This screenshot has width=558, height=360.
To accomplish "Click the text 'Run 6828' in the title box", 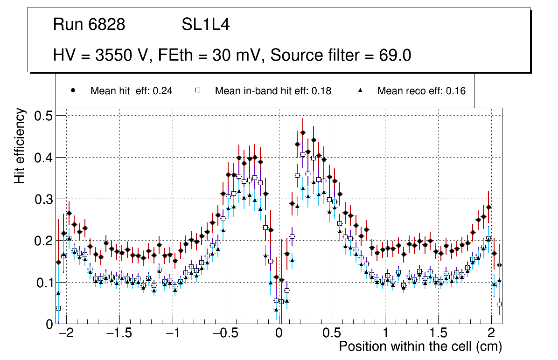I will pyautogui.click(x=89, y=25).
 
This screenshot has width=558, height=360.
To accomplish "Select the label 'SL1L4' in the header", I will pyautogui.click(x=206, y=25).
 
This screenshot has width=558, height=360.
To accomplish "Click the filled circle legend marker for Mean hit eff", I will pyautogui.click(x=73, y=91).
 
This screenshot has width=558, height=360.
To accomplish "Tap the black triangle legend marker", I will pyautogui.click(x=360, y=91).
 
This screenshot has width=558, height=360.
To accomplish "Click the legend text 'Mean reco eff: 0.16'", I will pyautogui.click(x=421, y=91).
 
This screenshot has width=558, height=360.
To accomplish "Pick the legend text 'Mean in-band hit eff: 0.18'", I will pyautogui.click(x=273, y=91).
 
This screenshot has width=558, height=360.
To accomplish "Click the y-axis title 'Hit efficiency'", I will pyautogui.click(x=20, y=145).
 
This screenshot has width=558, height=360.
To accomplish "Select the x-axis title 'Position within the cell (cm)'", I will pyautogui.click(x=420, y=346).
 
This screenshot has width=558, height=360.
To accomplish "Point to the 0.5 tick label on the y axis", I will pyautogui.click(x=43, y=116).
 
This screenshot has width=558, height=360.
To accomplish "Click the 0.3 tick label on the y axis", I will pyautogui.click(x=43, y=199).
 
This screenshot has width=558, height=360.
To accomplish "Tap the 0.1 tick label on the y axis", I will pyautogui.click(x=43, y=283).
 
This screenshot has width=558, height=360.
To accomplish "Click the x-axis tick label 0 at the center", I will pyautogui.click(x=279, y=334).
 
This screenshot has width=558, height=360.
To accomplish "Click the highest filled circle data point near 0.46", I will pyautogui.click(x=303, y=132).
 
